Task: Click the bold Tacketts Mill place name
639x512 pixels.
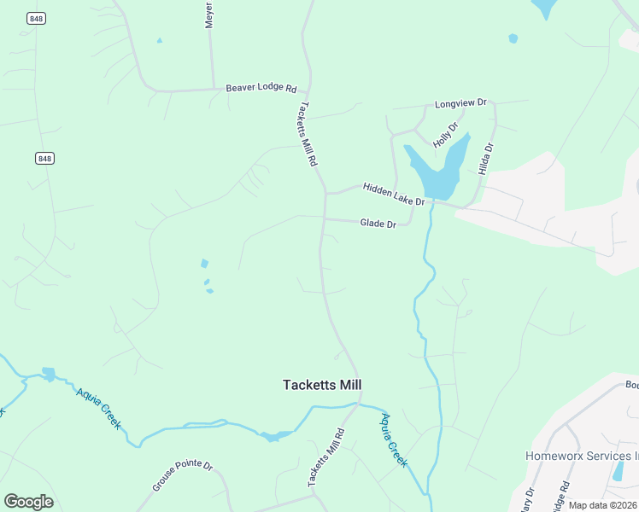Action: tap(322, 385)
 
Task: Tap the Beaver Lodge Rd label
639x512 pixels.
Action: tap(261, 89)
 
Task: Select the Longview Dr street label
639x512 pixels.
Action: tap(460, 103)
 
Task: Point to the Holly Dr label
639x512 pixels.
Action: tap(445, 135)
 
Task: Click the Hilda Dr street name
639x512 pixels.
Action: tap(486, 159)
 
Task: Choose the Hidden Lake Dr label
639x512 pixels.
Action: tap(393, 194)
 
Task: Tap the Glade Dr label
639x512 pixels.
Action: tap(378, 224)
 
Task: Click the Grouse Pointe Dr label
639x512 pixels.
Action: tap(182, 475)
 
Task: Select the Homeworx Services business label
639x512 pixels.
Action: tap(582, 456)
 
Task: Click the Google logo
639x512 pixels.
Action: tap(28, 502)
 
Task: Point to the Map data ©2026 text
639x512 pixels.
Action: tap(603, 505)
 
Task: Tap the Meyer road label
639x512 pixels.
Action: tap(208, 15)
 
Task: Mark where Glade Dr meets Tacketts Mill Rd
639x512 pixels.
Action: tap(324, 218)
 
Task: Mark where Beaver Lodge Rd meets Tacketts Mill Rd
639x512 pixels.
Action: tap(308, 88)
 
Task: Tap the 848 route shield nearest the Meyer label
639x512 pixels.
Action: tap(35, 19)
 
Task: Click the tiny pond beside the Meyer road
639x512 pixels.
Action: tap(159, 40)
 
